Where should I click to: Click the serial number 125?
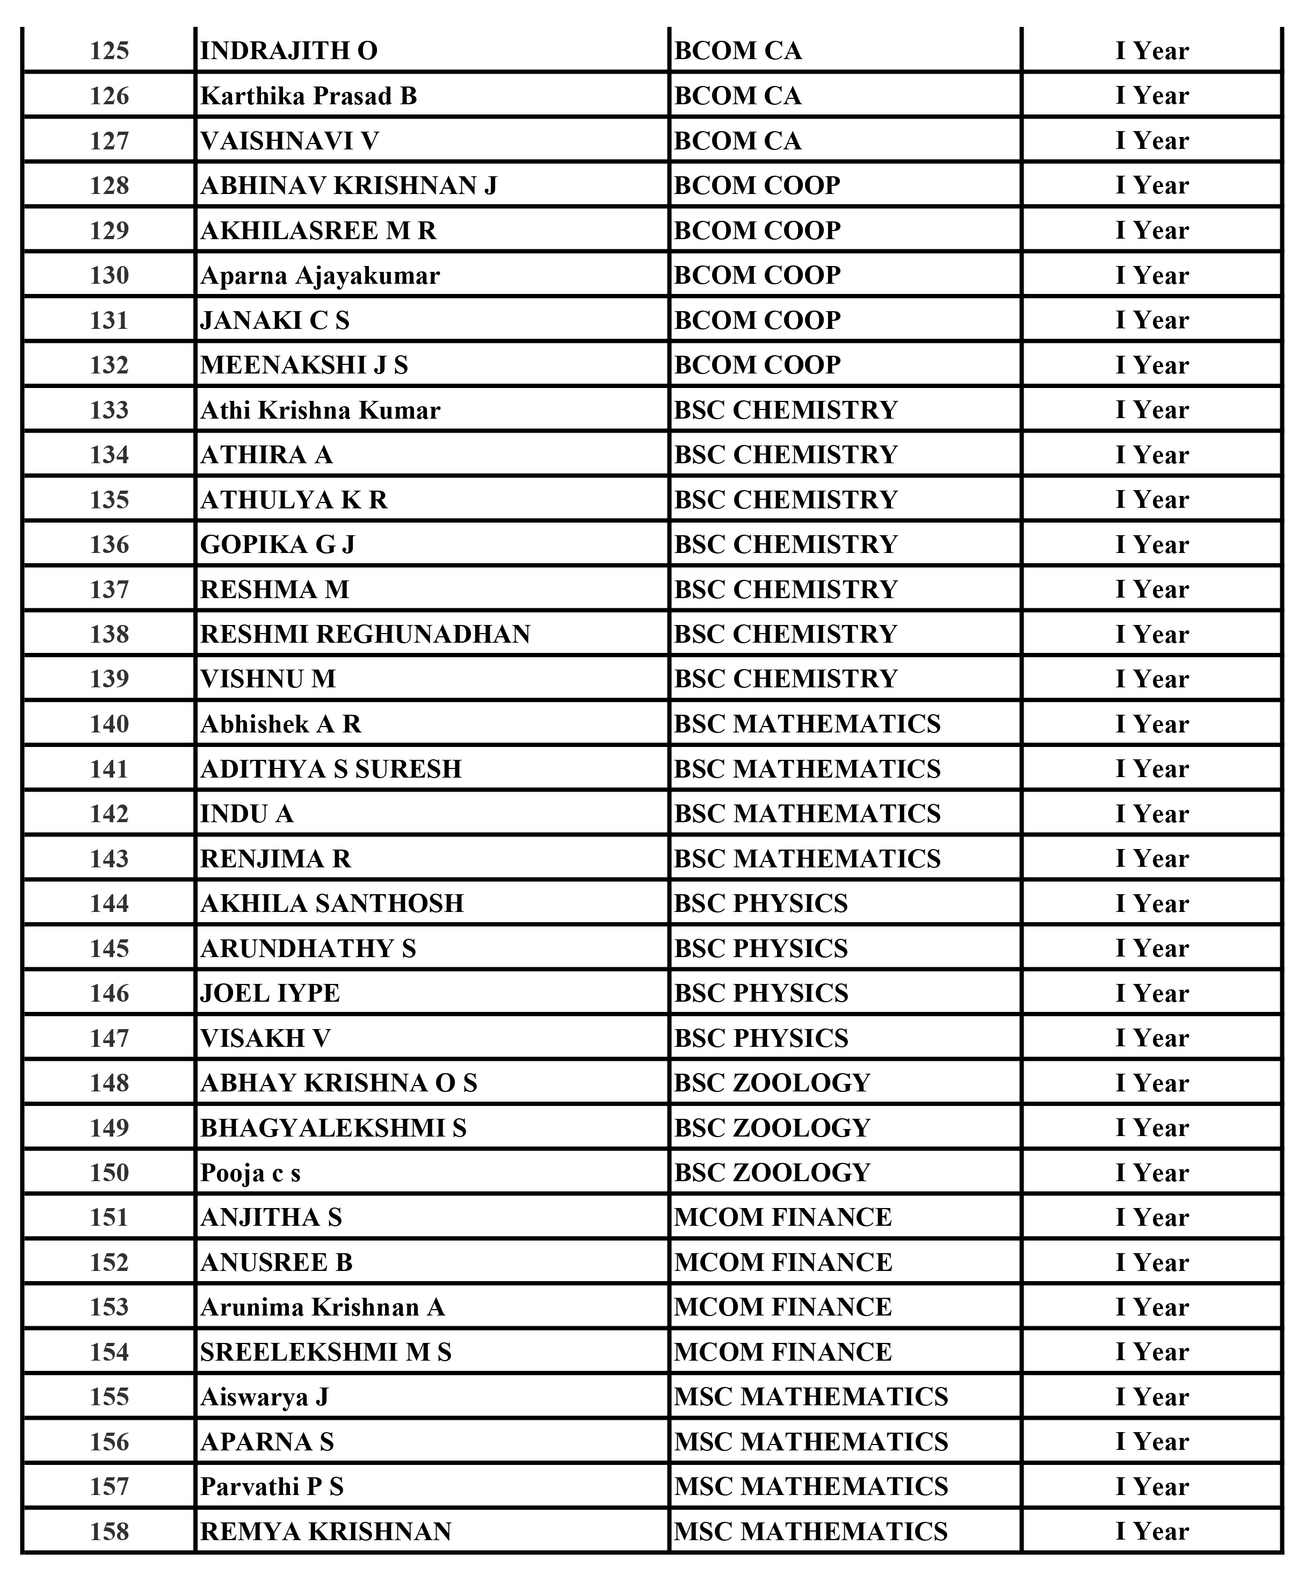point(109,51)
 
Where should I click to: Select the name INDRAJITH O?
point(288,51)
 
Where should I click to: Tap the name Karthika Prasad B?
point(308,96)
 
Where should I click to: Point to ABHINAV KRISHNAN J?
point(349,185)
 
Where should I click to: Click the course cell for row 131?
point(757,320)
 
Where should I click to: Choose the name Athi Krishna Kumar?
point(320,410)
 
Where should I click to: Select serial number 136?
point(109,544)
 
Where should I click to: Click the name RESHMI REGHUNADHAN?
point(365,635)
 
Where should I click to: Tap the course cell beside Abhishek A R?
point(807,724)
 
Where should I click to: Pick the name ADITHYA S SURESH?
point(330,769)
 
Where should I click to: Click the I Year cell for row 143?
point(1151,859)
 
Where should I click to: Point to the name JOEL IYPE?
point(270,994)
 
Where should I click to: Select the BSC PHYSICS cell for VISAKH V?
point(760,1038)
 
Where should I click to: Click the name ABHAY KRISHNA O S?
point(338,1083)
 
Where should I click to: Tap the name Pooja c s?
point(250,1173)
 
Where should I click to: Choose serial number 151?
point(109,1218)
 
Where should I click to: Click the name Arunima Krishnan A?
point(322,1307)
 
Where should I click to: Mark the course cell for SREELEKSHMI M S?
point(783,1353)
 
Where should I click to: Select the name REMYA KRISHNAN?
point(325,1532)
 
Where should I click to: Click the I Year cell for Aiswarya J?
point(1151,1397)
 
